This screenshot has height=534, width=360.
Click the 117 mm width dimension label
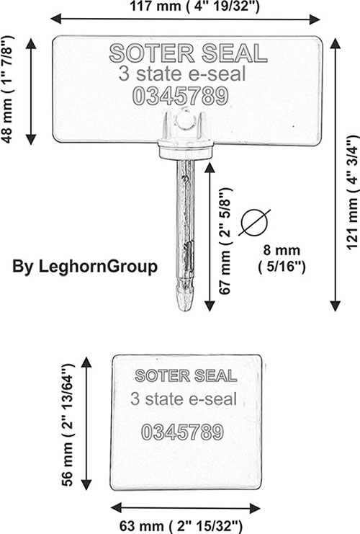[x=194, y=6]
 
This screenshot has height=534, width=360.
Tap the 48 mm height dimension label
[x=7, y=89]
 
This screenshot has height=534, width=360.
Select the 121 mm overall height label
[x=353, y=192]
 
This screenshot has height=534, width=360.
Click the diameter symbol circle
[x=254, y=223]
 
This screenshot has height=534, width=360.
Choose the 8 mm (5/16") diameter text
[x=282, y=259]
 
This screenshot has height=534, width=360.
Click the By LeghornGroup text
[x=85, y=267]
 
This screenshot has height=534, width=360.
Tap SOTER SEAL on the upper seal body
[x=188, y=53]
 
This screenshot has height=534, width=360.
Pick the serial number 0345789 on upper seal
[x=180, y=96]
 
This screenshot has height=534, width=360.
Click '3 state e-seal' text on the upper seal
[x=182, y=74]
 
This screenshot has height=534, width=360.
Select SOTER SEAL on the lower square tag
[x=186, y=375]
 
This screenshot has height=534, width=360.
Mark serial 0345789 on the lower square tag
[x=183, y=432]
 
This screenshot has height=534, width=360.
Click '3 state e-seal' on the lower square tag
[x=184, y=399]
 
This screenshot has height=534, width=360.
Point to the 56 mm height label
[x=68, y=424]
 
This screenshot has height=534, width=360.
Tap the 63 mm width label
[x=181, y=527]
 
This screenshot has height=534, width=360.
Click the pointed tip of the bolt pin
[x=184, y=308]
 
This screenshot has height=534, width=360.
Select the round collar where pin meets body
[x=186, y=150]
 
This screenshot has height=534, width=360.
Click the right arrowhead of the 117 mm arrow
[x=315, y=19]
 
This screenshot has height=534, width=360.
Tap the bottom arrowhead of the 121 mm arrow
[x=336, y=306]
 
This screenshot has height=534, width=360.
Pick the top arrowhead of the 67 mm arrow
[x=210, y=168]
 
